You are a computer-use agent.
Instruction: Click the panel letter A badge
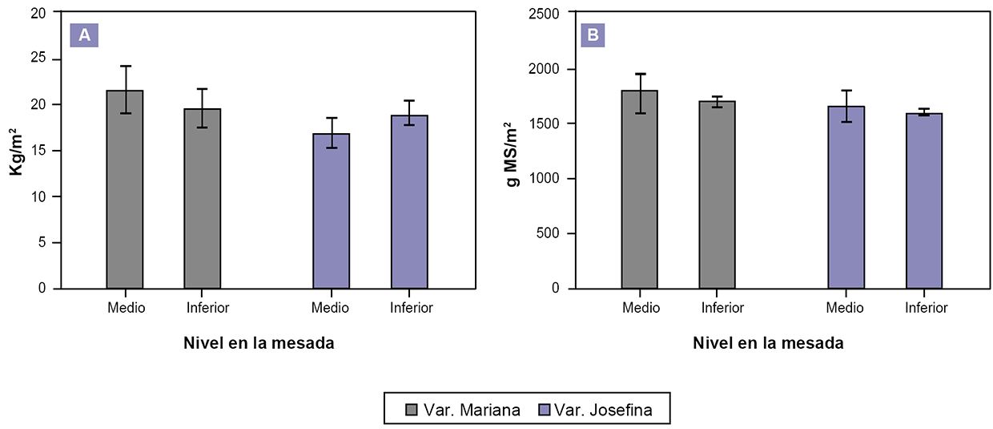click(84, 35)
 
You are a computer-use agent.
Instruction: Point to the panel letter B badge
click(593, 35)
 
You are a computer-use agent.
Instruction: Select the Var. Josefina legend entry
click(597, 411)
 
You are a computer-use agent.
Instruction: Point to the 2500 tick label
click(544, 14)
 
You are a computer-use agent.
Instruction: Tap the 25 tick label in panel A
click(42, 59)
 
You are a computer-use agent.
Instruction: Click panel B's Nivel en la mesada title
click(768, 343)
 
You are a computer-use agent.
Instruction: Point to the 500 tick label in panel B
click(548, 233)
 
